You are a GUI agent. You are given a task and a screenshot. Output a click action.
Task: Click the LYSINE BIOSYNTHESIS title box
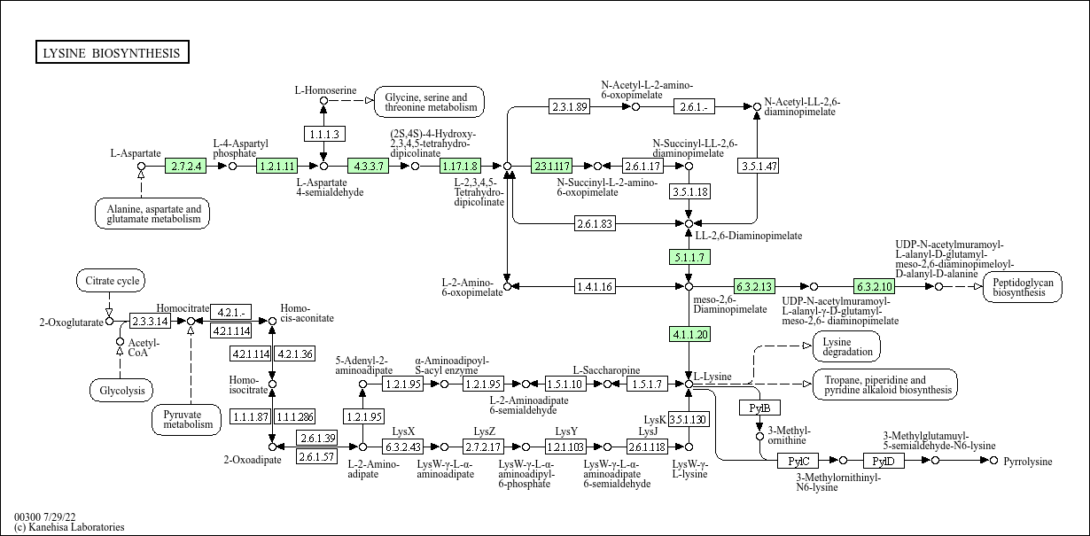coord(112,53)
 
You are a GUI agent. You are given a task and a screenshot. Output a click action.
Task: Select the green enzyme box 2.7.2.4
coord(186,166)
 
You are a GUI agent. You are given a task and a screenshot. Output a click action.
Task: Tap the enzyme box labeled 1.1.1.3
coord(323,134)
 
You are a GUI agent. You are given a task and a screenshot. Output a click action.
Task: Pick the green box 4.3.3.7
coord(368,166)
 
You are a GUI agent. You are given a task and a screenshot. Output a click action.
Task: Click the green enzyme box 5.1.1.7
coord(689,257)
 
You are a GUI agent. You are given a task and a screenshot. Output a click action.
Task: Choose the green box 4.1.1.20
coord(689,334)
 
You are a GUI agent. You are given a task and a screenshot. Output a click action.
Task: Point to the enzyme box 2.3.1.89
coord(569,106)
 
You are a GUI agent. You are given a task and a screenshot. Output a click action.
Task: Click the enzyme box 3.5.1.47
coord(758,166)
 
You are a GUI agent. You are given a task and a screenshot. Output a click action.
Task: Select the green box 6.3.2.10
coord(874,286)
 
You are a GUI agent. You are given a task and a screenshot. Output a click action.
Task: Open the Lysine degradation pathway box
coord(846,346)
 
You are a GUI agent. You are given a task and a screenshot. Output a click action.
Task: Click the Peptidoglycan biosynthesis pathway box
coord(1023,286)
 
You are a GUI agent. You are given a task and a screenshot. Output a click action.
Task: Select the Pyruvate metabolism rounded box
coord(188,419)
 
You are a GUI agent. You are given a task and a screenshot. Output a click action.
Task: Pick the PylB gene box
coord(759,408)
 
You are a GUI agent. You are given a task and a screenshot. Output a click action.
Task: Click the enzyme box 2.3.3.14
coord(150,321)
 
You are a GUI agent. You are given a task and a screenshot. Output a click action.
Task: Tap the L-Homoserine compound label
coord(325,90)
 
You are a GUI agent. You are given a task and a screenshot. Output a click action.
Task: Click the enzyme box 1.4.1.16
coord(595,286)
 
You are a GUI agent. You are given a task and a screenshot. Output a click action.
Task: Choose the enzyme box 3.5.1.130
coord(688,419)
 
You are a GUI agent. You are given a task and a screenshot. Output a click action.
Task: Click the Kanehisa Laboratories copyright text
coord(69,527)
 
